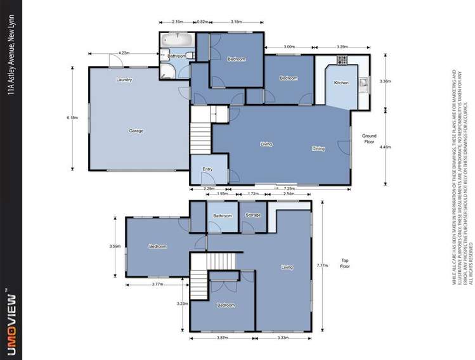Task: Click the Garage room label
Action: point(136,131)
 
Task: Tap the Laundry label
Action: point(124,80)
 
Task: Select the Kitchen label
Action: point(341,83)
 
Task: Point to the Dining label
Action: point(318,149)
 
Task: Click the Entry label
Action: point(207,169)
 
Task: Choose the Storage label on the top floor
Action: point(253,215)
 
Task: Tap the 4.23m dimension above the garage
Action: point(124,53)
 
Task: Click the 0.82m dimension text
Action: point(202,22)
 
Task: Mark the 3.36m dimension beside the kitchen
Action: point(384,81)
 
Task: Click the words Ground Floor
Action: point(369,139)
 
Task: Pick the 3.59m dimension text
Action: point(115,246)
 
